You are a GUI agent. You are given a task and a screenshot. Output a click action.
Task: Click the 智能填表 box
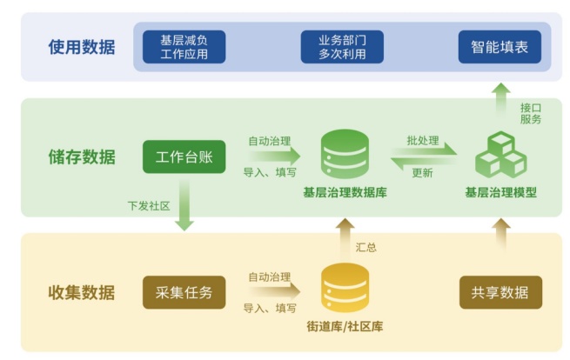click(500, 47)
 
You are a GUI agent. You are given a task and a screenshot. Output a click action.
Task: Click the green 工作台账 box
click(184, 157)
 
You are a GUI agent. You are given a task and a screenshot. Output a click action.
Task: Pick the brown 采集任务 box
click(184, 291)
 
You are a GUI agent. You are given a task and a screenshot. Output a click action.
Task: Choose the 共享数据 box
click(500, 292)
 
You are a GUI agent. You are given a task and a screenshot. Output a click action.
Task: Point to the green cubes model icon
click(500, 155)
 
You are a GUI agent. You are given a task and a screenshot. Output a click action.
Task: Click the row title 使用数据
click(81, 47)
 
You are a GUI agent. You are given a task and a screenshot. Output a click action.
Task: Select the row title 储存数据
click(81, 157)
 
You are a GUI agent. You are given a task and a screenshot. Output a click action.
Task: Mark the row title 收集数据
click(81, 292)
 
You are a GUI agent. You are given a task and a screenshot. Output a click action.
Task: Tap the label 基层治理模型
click(500, 193)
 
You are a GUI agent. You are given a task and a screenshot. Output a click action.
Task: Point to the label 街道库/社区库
click(345, 327)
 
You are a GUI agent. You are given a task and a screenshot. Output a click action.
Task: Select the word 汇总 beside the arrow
click(366, 247)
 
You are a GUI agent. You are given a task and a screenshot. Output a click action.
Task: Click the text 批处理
click(422, 140)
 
